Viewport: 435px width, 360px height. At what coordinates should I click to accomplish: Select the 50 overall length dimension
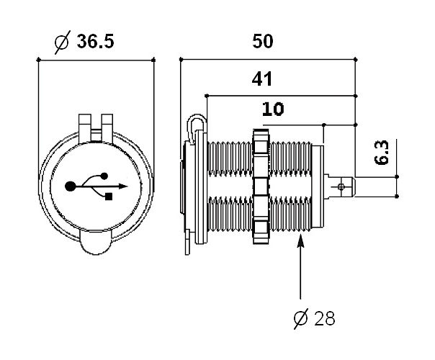point(264,41)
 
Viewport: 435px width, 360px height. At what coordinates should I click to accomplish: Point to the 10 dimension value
point(273,109)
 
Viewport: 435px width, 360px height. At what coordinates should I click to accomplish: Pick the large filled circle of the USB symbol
point(71,186)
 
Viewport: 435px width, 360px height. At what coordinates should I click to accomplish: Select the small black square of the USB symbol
point(109,196)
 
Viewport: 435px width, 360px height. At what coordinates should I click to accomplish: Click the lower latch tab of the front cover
point(97,248)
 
